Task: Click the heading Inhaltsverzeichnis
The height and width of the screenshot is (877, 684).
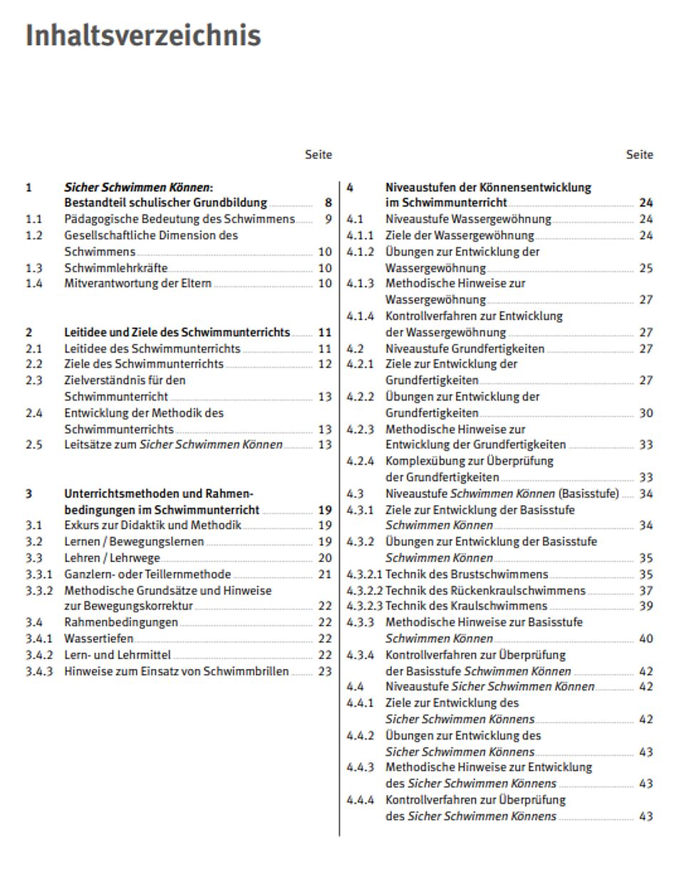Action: click(143, 35)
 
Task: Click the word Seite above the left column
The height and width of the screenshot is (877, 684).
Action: click(318, 155)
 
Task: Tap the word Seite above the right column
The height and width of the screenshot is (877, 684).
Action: click(639, 155)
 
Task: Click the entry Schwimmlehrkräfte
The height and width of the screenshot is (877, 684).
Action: click(116, 268)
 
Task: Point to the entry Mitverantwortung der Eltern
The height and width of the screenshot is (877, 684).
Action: click(138, 284)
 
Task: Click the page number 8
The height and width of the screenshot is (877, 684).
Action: click(328, 203)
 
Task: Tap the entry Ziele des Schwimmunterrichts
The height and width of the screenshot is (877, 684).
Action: click(144, 364)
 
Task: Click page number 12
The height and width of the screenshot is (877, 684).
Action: click(325, 364)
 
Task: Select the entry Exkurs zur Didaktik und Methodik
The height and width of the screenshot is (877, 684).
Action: click(152, 526)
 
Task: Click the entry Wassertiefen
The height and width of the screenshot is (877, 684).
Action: click(98, 638)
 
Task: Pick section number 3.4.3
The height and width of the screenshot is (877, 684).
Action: click(39, 671)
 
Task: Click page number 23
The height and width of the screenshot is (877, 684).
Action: click(325, 671)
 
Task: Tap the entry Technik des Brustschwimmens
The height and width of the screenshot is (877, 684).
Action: click(467, 574)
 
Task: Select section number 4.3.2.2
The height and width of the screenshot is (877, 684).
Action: click(365, 591)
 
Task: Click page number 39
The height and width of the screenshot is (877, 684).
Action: click(646, 606)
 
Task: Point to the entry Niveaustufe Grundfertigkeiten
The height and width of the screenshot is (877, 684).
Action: click(465, 348)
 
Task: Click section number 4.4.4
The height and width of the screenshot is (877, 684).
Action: click(360, 800)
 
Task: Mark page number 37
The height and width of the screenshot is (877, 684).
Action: click(646, 591)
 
